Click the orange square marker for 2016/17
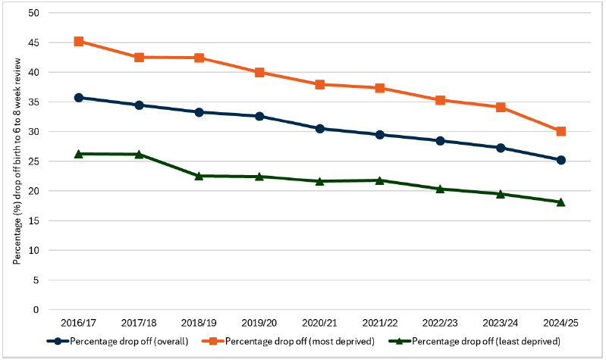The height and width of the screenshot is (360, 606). point(79,42)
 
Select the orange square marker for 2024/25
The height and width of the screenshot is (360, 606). point(560,131)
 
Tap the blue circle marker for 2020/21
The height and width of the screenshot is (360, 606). point(319,129)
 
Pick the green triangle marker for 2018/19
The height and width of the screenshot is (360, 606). point(199,176)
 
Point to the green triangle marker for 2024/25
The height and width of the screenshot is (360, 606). point(560,202)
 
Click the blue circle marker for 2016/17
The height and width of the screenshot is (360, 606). point(79,98)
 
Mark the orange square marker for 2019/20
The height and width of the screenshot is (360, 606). point(259,73)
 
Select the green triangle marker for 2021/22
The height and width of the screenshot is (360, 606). point(380,180)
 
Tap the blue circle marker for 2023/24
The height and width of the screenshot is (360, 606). point(501,148)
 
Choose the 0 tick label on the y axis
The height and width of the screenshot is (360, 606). point(35,309)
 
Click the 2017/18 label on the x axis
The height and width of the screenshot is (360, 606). point(139,324)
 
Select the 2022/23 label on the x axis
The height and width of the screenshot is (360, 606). point(440,324)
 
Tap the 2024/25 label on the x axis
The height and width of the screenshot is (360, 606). point(560,324)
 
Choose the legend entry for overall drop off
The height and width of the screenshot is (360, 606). point(129,341)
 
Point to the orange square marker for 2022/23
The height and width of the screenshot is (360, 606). point(440,100)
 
